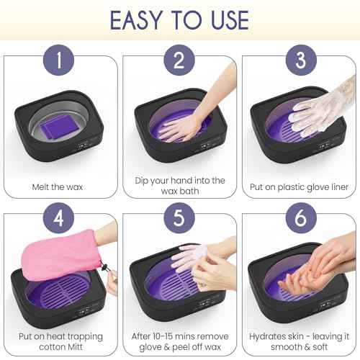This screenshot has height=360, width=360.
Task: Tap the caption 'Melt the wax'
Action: pos(59,186)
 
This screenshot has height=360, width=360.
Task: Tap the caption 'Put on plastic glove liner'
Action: pos(299,186)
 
